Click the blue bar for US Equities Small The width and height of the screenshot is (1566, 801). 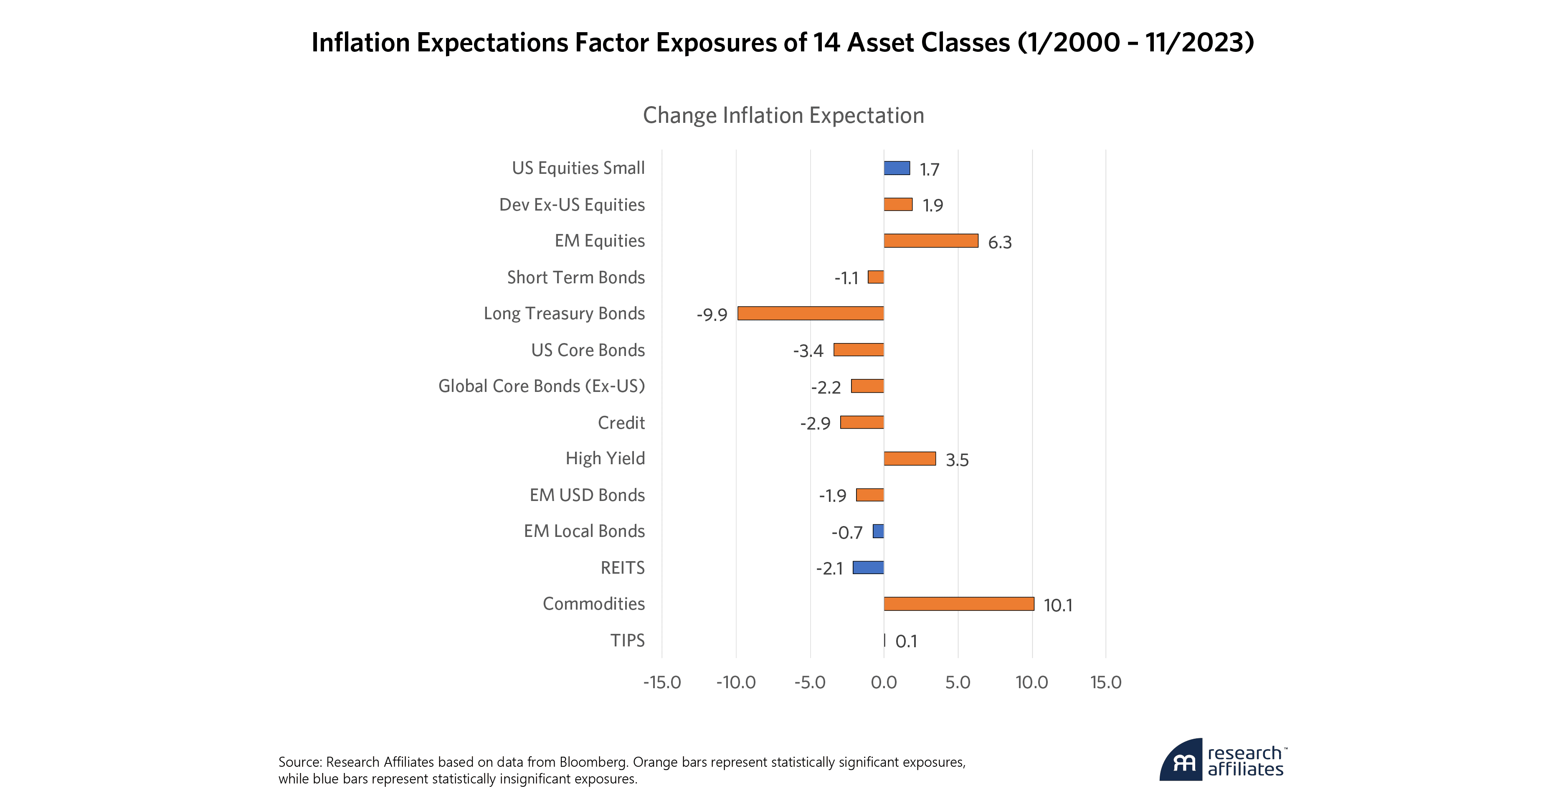tap(897, 168)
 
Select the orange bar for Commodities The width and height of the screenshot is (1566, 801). tap(959, 604)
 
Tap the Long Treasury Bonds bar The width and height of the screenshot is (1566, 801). tap(811, 313)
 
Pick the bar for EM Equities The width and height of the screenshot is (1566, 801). tap(931, 241)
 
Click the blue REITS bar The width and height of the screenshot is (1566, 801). tap(868, 567)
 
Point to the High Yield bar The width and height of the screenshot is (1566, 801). tap(910, 459)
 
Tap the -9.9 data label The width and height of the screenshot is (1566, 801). tap(712, 315)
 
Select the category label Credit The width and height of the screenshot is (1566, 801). tap(621, 423)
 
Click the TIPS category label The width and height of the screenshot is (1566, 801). tap(627, 641)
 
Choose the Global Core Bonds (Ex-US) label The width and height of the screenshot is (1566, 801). tap(541, 386)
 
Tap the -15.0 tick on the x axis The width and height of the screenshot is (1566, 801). tap(662, 682)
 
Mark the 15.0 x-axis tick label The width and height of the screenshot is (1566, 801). tap(1105, 682)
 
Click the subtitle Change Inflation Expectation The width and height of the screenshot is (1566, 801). tap(783, 116)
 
